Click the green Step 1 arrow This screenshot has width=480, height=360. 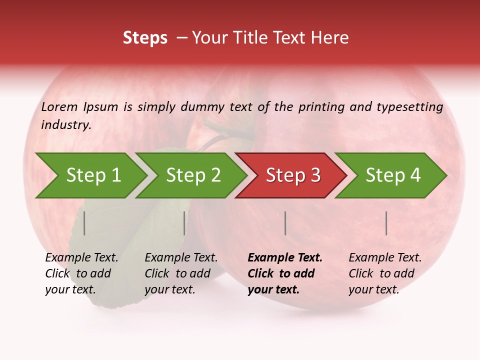coord(92,175)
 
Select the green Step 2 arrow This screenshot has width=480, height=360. coord(192,175)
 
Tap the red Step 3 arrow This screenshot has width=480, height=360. coord(292,175)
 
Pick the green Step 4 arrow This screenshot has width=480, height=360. coord(392,175)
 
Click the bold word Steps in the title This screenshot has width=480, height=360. coord(145,38)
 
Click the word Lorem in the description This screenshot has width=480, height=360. coord(59,106)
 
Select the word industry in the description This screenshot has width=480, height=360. coord(65,125)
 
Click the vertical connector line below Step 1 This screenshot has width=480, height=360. coord(84,223)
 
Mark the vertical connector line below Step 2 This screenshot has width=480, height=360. coord(184,223)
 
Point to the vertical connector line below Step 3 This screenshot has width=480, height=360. coord(285,223)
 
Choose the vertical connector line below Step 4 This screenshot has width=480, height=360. coord(386,223)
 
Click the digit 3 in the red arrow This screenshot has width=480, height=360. coord(315,175)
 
